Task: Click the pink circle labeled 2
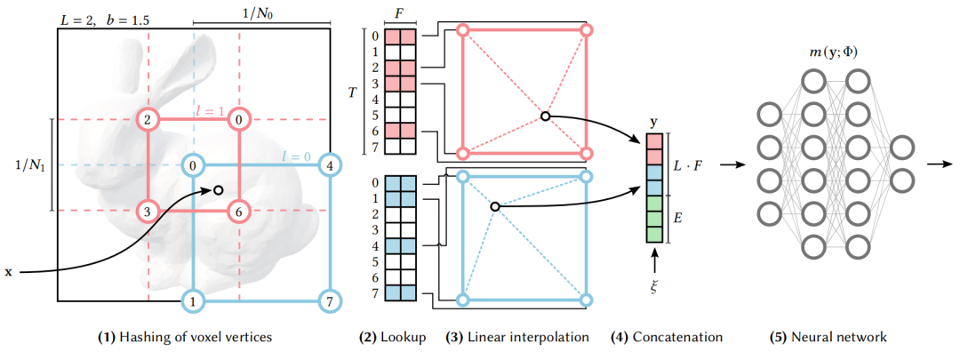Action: pos(148,119)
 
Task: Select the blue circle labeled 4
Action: pos(330,164)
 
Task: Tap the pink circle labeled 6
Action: pos(239,211)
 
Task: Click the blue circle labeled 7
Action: pos(330,302)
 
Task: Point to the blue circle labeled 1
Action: pos(193,302)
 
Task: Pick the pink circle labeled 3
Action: pos(148,211)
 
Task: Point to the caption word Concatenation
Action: pos(677,338)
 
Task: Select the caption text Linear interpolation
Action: pos(529,338)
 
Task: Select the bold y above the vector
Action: pos(653,121)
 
